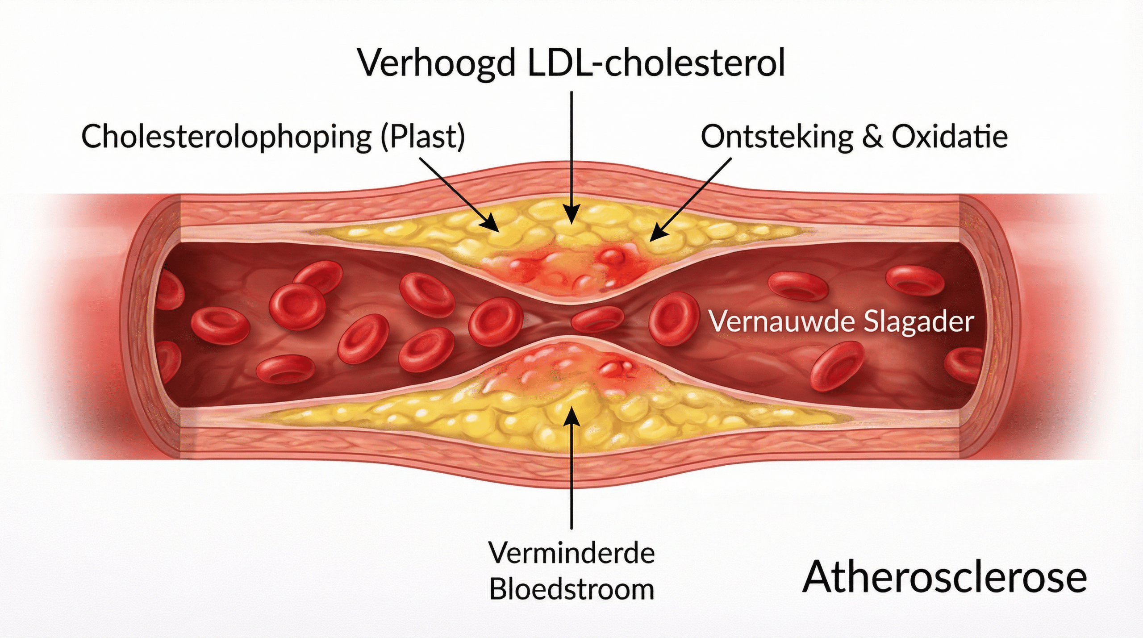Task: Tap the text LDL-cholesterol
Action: (656, 63)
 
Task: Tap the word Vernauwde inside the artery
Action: (782, 321)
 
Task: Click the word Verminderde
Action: (571, 553)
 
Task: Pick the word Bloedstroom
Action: (571, 589)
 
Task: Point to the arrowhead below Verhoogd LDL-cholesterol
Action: (571, 215)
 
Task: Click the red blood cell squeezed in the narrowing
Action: (597, 319)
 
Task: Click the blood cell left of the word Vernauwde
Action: (673, 318)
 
